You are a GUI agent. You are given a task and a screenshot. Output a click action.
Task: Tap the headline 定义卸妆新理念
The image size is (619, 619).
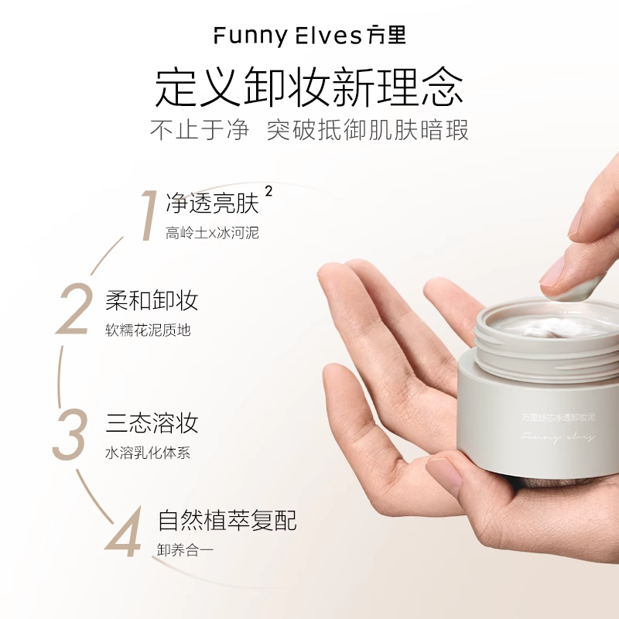click(309, 87)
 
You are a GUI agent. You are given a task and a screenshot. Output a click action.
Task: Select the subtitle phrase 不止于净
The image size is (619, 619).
click(200, 130)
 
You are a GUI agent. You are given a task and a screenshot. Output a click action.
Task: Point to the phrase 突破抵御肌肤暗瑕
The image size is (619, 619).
click(368, 130)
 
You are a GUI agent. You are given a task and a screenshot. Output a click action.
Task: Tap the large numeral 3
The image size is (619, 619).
click(70, 433)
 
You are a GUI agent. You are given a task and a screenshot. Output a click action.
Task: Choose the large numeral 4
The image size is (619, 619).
click(125, 529)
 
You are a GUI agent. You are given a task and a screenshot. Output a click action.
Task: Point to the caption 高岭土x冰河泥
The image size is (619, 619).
click(212, 233)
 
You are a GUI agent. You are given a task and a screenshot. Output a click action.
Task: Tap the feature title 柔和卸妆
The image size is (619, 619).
click(152, 300)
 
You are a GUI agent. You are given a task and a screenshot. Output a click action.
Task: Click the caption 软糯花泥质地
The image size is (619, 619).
click(148, 330)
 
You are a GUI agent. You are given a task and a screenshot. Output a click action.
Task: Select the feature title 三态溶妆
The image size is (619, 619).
click(152, 422)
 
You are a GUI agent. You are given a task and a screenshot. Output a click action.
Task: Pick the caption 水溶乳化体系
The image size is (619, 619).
click(148, 453)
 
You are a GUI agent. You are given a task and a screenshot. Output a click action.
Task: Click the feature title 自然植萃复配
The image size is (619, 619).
click(227, 520)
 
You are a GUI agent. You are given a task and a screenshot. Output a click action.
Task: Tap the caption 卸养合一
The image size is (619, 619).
click(184, 550)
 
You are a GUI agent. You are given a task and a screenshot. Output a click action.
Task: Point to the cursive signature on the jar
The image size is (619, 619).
click(558, 438)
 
